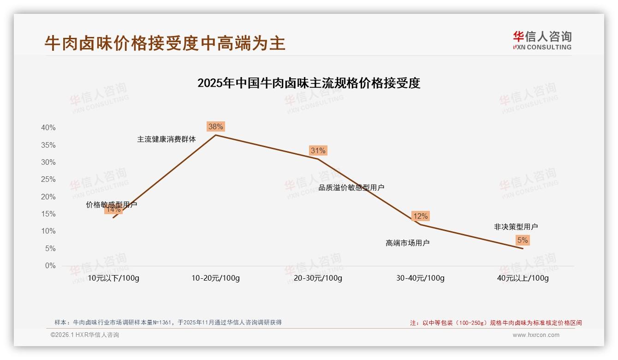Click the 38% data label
coord(215,126)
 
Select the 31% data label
coord(318,150)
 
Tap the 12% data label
coord(420,216)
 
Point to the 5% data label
coord(523,240)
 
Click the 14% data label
coord(113,210)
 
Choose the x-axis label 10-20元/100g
coord(215,278)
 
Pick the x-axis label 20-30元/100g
coord(318,278)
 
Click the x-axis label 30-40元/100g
coord(420,278)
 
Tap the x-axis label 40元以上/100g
coord(523,278)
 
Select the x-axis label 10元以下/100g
coord(113,278)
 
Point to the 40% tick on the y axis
coord(48,128)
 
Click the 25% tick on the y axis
coord(48,180)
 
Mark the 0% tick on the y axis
coord(50,266)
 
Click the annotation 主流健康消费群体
coord(166,139)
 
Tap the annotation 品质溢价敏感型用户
coord(351,187)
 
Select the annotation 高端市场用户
coord(408,243)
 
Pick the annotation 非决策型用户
coord(516,227)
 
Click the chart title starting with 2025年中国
coord(309,83)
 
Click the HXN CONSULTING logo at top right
coord(542,40)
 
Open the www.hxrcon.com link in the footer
coord(536,335)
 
